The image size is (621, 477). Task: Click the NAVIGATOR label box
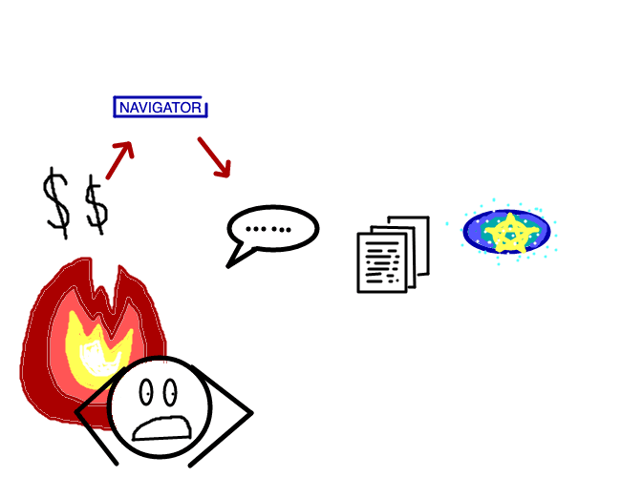(161, 107)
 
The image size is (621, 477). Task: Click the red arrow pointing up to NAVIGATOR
(119, 160)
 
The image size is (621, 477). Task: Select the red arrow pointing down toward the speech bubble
(214, 157)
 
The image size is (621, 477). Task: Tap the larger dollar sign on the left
(56, 203)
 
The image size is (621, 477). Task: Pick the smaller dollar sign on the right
(96, 205)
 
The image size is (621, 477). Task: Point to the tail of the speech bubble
(238, 257)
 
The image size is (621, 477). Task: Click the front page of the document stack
(382, 262)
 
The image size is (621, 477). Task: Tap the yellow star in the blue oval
(511, 234)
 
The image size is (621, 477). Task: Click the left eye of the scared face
(146, 392)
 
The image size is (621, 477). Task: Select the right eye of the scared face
(170, 392)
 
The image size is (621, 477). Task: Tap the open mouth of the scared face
(162, 428)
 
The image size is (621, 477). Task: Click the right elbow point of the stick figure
(252, 413)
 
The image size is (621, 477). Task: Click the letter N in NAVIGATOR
(124, 108)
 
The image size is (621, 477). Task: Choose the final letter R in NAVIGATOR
(197, 108)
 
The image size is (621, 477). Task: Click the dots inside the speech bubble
(268, 229)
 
